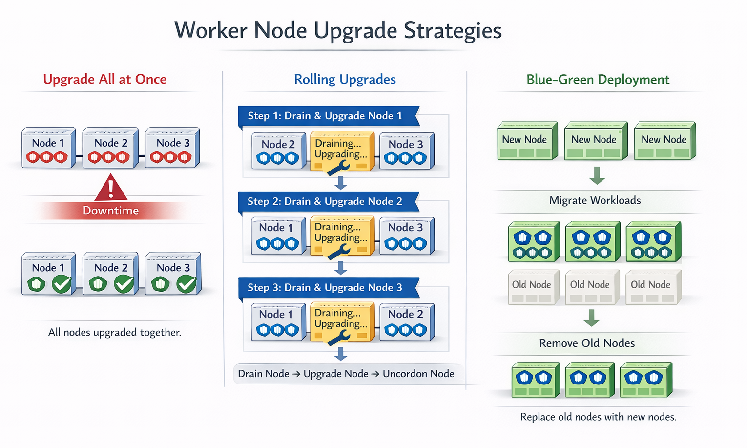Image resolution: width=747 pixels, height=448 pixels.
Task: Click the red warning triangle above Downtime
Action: [x=111, y=189]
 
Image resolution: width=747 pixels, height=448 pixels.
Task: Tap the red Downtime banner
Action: [x=111, y=211]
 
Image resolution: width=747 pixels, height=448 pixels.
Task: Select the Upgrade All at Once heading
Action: [x=104, y=79]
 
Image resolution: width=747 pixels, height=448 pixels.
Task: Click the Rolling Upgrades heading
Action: [x=345, y=79]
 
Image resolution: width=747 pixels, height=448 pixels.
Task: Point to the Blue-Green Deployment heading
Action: [x=598, y=80]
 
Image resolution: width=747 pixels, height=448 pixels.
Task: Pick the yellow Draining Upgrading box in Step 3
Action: [x=342, y=321]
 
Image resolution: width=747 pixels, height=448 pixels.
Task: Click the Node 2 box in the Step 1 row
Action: [x=278, y=151]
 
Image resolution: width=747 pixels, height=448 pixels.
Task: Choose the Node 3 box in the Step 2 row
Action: [x=406, y=235]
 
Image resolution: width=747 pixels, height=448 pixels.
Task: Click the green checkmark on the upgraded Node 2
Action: [x=124, y=283]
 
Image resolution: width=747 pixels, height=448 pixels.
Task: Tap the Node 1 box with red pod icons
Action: [x=48, y=148]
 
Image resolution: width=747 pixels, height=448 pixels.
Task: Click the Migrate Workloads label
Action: [x=595, y=200]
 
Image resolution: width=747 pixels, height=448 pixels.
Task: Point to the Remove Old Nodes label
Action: [x=587, y=343]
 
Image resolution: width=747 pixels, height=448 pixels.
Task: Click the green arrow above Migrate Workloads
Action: [x=597, y=175]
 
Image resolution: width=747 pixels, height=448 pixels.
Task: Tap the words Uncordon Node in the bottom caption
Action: [x=418, y=374]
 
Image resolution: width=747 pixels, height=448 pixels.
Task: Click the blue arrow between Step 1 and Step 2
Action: [x=341, y=183]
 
